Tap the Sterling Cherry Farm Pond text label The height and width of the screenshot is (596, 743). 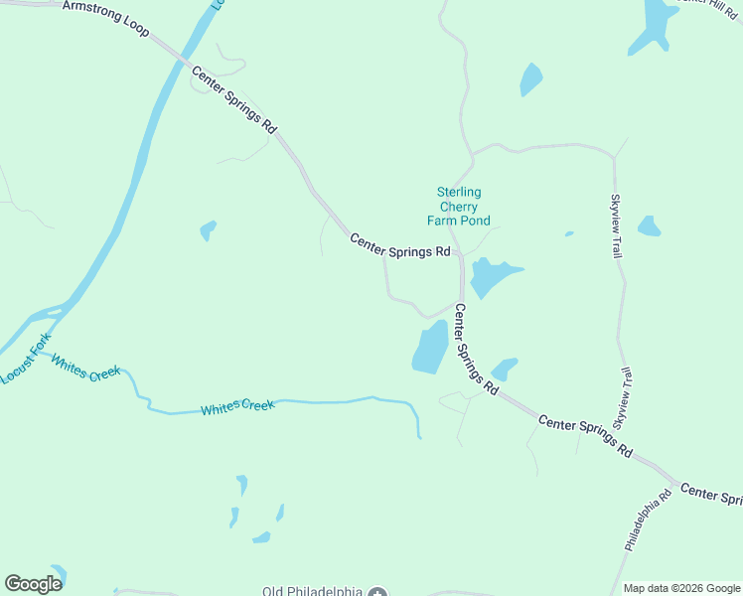point(459,207)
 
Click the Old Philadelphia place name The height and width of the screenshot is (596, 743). point(312,591)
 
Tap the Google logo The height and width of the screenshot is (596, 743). point(33,583)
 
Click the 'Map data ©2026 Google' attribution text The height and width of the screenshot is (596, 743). point(681,588)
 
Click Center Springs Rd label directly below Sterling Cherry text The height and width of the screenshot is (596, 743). point(400,245)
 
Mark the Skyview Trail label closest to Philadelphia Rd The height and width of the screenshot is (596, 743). point(623,398)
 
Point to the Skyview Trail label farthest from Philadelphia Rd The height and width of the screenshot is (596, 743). point(616,225)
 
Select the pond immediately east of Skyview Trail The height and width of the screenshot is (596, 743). point(649,226)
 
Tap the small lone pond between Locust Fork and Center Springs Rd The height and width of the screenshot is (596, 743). point(208,230)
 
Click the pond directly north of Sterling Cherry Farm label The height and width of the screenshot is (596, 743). point(531,79)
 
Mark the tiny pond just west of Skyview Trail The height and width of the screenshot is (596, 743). point(569,234)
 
